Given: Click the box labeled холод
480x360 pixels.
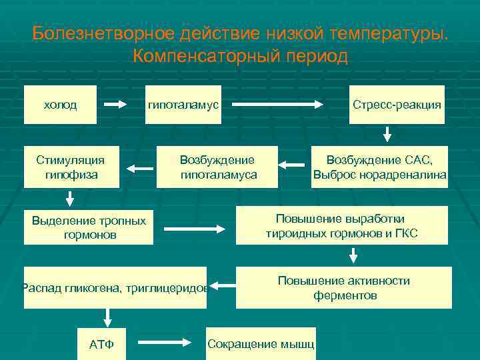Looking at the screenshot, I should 60,105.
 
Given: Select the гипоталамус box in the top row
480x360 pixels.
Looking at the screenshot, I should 183,105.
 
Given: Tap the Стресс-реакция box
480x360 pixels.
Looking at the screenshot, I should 397,105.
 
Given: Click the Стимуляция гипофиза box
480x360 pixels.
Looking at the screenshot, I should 71,167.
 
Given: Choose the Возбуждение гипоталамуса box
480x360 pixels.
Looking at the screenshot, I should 217,167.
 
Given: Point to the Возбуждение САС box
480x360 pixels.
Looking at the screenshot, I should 379,167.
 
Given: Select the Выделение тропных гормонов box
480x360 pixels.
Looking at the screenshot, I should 89,227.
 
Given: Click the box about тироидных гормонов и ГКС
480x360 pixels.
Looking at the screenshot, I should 342,226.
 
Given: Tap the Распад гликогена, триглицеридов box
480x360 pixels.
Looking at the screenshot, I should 115,287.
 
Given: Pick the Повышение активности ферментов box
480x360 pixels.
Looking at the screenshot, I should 344,287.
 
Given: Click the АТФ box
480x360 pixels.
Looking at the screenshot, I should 101,343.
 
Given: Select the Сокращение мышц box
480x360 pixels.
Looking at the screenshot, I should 261,343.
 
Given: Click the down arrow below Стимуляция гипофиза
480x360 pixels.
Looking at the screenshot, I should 69,198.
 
